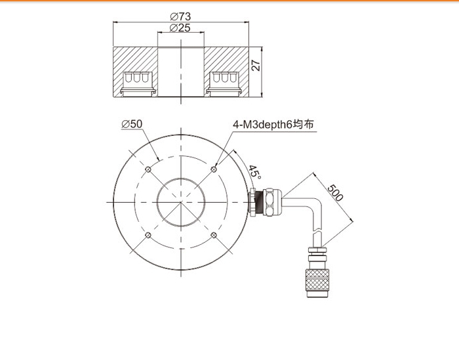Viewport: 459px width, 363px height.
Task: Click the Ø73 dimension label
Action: pyautogui.click(x=180, y=16)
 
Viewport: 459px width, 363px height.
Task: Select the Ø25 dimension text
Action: pyautogui.click(x=180, y=28)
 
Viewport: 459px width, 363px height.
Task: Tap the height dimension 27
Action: pyautogui.click(x=256, y=66)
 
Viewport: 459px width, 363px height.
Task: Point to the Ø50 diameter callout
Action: pyautogui.click(x=132, y=124)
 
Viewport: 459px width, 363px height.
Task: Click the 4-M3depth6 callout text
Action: pyautogui.click(x=262, y=125)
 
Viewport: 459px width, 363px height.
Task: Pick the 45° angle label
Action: pyautogui.click(x=254, y=172)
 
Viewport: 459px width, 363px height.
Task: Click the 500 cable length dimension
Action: pyautogui.click(x=334, y=193)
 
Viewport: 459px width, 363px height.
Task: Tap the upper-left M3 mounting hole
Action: pyautogui.click(x=148, y=169)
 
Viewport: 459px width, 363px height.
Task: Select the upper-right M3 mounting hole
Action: pyautogui.click(x=214, y=169)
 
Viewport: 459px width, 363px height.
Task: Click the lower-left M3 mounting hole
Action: pyautogui.click(x=148, y=235)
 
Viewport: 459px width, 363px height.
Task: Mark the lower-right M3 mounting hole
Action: pyautogui.click(x=214, y=235)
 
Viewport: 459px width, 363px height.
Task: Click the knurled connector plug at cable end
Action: pyautogui.click(x=317, y=284)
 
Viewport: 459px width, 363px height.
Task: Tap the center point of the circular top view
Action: pyautogui.click(x=181, y=202)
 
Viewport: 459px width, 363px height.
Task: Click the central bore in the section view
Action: pyautogui.click(x=181, y=72)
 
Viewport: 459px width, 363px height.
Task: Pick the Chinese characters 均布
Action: pyautogui.click(x=303, y=124)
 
